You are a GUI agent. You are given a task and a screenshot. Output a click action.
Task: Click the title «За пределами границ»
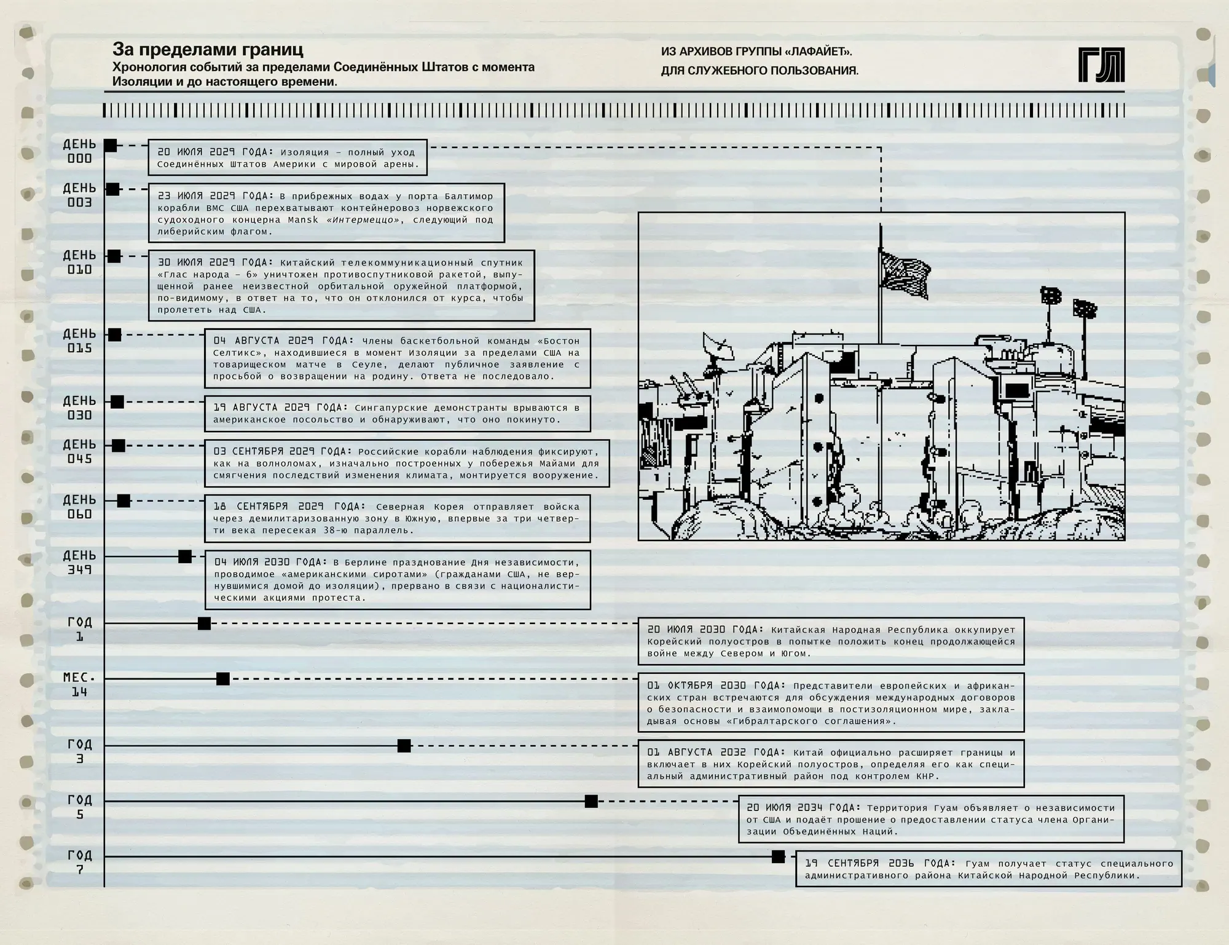point(208,49)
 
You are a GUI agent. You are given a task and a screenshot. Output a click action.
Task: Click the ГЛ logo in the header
point(1101,65)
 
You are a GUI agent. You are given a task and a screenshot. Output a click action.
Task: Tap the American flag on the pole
point(905,276)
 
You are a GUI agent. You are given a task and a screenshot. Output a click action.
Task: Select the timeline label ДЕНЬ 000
point(79,151)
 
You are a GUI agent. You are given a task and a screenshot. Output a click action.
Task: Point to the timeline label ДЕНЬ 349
point(79,563)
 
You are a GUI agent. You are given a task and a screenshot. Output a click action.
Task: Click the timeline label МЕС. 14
point(79,685)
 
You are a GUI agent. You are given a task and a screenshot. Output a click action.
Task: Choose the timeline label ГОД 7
point(79,863)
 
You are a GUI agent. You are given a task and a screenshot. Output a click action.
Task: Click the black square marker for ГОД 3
point(404,746)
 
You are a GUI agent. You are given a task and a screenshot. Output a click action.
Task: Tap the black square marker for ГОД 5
point(591,801)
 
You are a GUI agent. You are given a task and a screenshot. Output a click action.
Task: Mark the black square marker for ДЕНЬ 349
point(185,556)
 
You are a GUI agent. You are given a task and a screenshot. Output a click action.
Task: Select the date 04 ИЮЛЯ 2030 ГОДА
point(271,562)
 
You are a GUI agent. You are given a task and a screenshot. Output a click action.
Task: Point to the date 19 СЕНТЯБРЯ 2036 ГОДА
point(880,863)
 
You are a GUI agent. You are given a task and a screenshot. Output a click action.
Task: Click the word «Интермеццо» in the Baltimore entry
point(363,220)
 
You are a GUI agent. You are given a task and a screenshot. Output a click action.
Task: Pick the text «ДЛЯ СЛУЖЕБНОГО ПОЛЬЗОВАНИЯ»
point(760,71)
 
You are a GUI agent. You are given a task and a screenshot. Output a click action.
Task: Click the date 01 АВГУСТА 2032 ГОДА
point(715,753)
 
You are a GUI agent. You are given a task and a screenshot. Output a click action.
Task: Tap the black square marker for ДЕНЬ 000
point(110,146)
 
